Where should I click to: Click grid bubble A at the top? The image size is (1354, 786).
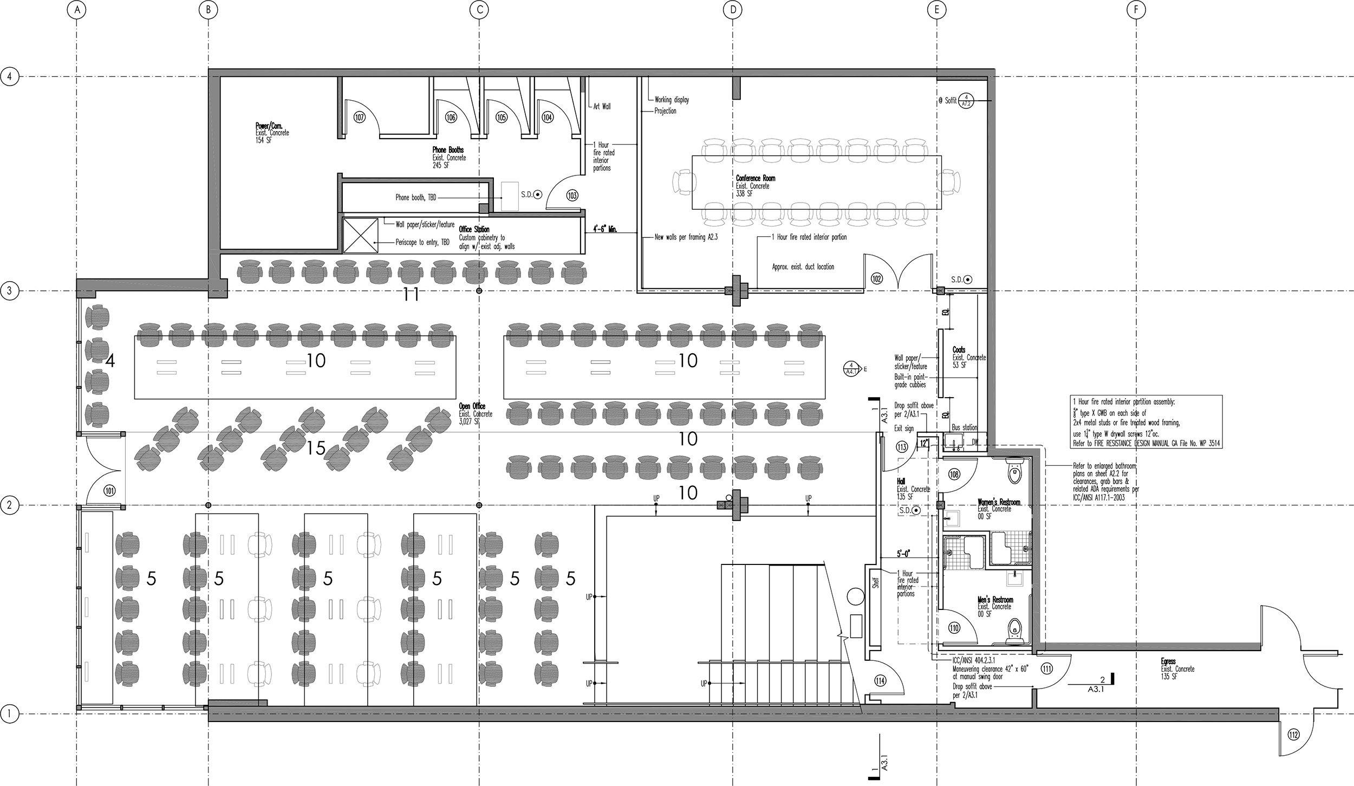[x=77, y=9]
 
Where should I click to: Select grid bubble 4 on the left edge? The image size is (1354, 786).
[x=9, y=76]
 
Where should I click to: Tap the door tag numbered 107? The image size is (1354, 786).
[x=359, y=117]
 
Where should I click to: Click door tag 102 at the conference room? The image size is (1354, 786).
[x=876, y=278]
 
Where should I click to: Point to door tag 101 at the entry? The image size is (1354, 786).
[x=110, y=491]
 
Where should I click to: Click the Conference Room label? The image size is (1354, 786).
[x=755, y=178]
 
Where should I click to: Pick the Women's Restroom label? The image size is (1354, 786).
[x=998, y=502]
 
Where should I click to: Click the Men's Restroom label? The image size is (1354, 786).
[x=995, y=600]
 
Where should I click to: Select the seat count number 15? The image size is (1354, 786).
[x=315, y=448]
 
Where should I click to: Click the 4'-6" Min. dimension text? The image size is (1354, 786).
[x=604, y=230]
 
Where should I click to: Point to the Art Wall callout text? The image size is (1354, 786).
[x=602, y=107]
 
